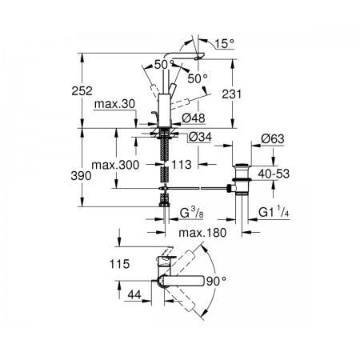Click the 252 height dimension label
click(82, 91)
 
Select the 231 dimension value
click(232, 94)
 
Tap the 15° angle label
click(224, 44)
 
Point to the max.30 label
click(114, 104)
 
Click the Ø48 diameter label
click(194, 118)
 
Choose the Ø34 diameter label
click(200, 137)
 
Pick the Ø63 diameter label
click(273, 139)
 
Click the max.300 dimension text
click(115, 165)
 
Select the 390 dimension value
click(81, 176)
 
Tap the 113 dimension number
click(182, 165)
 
